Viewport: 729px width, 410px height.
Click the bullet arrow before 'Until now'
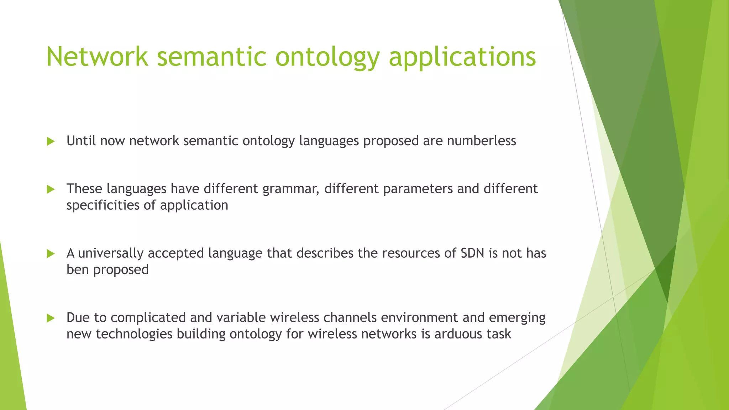(x=51, y=142)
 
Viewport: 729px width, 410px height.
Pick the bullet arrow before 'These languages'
(x=51, y=189)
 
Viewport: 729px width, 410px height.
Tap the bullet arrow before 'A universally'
(x=51, y=254)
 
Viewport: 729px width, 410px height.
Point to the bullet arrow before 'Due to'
(x=51, y=318)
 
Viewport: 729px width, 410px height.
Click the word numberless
(x=481, y=141)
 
